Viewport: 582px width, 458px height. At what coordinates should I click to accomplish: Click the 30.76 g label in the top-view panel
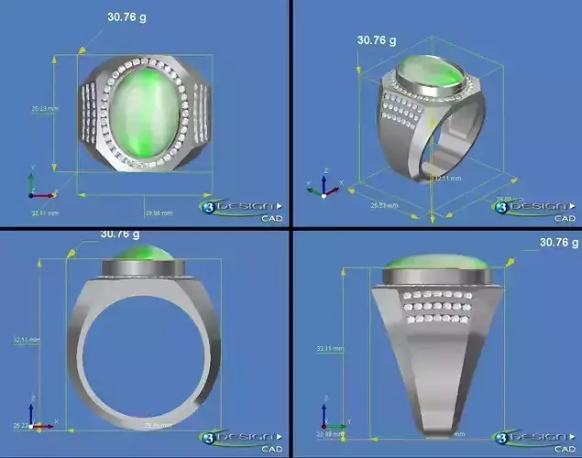pyautogui.click(x=127, y=16)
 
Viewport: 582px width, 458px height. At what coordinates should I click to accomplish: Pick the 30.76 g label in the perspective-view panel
pyautogui.click(x=376, y=40)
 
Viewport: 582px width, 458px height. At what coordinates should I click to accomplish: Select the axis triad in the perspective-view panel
pyautogui.click(x=323, y=186)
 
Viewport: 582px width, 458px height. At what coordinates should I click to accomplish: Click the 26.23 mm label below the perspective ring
pyautogui.click(x=384, y=206)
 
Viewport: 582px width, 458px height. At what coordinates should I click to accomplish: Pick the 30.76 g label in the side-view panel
pyautogui.click(x=559, y=243)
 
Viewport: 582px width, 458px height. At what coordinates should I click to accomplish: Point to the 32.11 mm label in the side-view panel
pyautogui.click(x=331, y=349)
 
